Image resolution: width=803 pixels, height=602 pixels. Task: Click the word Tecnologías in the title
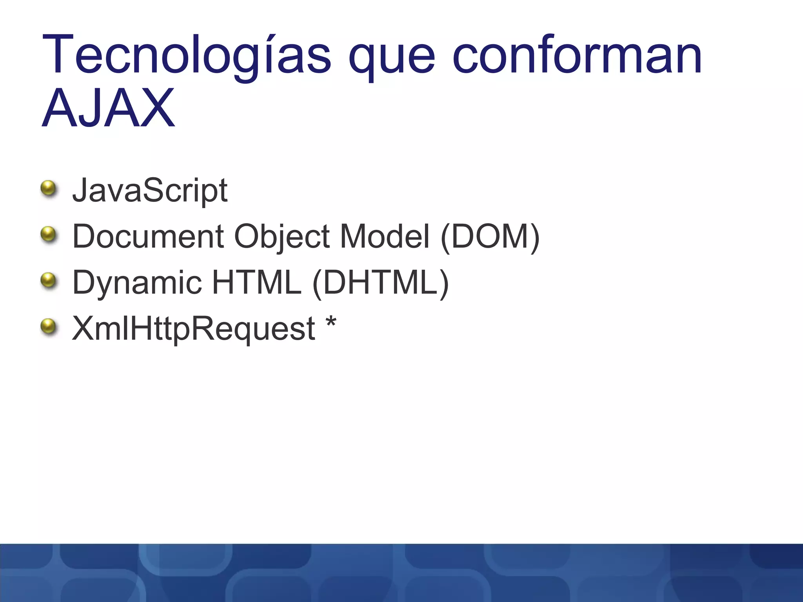tap(187, 55)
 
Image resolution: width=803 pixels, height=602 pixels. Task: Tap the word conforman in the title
tap(577, 55)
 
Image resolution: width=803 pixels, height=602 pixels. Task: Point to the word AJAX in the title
tap(108, 108)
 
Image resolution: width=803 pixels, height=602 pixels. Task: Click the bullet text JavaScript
tap(150, 190)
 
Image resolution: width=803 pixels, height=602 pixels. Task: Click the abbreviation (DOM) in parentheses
tap(490, 237)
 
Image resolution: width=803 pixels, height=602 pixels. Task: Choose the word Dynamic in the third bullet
tap(137, 283)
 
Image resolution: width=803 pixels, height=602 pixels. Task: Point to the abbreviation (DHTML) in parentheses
tap(380, 283)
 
